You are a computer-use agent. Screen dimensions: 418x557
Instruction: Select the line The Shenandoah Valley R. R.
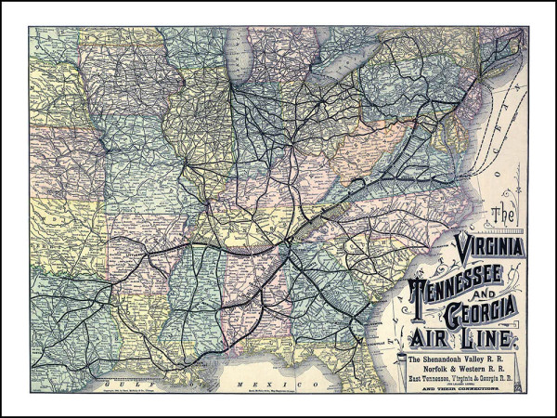tap(461, 359)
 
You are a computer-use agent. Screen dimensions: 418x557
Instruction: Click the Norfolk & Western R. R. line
tap(461, 369)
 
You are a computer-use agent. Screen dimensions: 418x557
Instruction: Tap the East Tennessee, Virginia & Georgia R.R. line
tap(461, 379)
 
